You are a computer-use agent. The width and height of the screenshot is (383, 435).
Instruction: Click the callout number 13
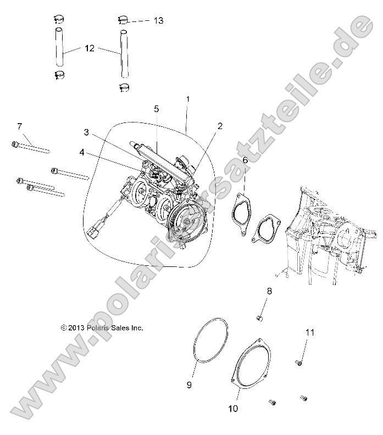click(x=158, y=20)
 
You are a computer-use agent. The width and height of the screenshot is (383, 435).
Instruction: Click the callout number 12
click(x=90, y=48)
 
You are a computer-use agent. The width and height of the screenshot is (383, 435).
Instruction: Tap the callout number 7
click(x=19, y=127)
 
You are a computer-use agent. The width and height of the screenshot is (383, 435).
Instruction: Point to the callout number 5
click(x=156, y=108)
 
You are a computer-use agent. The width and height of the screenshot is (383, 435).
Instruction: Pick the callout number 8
click(x=269, y=291)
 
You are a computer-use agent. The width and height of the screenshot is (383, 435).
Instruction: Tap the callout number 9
click(x=189, y=386)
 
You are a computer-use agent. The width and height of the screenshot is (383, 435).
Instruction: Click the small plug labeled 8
click(x=260, y=318)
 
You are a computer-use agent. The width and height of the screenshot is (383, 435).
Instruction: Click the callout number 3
click(x=86, y=132)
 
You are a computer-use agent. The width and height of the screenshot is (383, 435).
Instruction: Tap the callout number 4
click(x=81, y=153)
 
